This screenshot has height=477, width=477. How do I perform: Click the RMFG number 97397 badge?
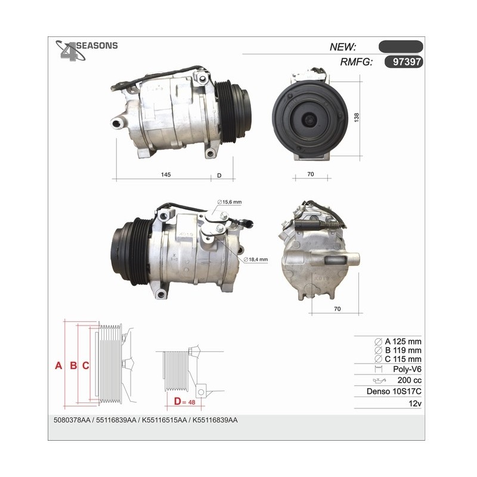pos(404,62)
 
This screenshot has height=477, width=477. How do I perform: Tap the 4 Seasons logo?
pos(86,49)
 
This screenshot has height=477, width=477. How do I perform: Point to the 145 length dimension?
pos(166,175)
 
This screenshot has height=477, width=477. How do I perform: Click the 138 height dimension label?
pos(357,117)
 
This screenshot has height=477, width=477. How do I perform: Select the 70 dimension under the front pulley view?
pos(310,174)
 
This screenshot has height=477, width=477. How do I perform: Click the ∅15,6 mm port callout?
pos(230,202)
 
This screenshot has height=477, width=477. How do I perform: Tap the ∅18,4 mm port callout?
pos(256,259)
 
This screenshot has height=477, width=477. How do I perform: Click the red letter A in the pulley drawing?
pos(58,366)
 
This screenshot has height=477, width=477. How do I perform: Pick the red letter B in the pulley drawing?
pos(73,366)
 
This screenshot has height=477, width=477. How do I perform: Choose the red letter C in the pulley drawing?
pos(86,366)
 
